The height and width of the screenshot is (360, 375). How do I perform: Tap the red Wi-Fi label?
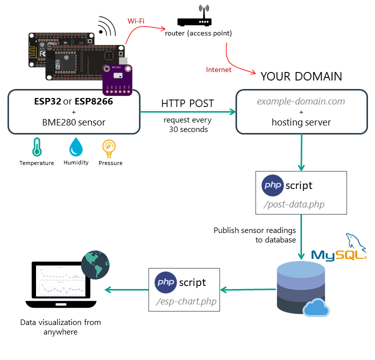pyautogui.click(x=137, y=21)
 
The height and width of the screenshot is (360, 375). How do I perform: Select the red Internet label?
pyautogui.click(x=218, y=69)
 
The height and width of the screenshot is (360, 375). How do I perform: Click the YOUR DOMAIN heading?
pyautogui.click(x=301, y=76)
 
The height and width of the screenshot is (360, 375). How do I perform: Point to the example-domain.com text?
pyautogui.click(x=301, y=101)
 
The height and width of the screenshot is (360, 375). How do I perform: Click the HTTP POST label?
pyautogui.click(x=187, y=103)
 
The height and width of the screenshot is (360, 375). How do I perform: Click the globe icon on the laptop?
pyautogui.click(x=95, y=264)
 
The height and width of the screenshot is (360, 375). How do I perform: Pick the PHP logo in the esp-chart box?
pyautogui.click(x=165, y=282)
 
